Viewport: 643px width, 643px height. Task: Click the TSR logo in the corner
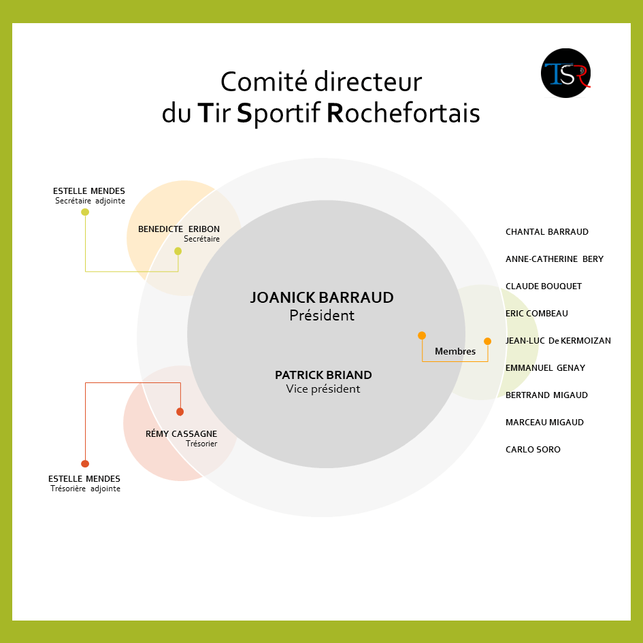(x=565, y=71)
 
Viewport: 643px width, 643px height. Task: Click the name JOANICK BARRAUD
(x=322, y=298)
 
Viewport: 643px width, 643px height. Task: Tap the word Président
(x=322, y=316)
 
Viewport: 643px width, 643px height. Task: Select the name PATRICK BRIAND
(x=323, y=375)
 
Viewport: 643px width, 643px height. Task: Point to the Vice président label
(x=323, y=389)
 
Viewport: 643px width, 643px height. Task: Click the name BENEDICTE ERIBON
(x=179, y=229)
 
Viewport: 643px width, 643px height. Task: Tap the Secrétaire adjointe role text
(x=90, y=201)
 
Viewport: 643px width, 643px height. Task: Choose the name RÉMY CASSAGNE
(x=181, y=433)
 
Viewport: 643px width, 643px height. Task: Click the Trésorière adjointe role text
(x=85, y=489)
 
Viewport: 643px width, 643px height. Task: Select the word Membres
(x=455, y=352)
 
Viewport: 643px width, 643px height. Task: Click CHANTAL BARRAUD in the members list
(x=546, y=232)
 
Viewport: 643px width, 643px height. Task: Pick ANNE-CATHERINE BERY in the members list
(x=554, y=259)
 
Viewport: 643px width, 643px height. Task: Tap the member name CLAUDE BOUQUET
(x=544, y=286)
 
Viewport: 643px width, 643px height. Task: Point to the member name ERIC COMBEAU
(x=536, y=314)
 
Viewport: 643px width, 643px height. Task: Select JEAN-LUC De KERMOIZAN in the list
(x=558, y=341)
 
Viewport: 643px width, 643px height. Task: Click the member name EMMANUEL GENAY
(x=545, y=368)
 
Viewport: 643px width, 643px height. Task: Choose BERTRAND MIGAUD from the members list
(x=546, y=395)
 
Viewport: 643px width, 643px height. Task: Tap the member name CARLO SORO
(x=533, y=450)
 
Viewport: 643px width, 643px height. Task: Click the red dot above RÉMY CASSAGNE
(x=180, y=412)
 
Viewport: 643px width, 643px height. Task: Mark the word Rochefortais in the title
(x=403, y=113)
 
